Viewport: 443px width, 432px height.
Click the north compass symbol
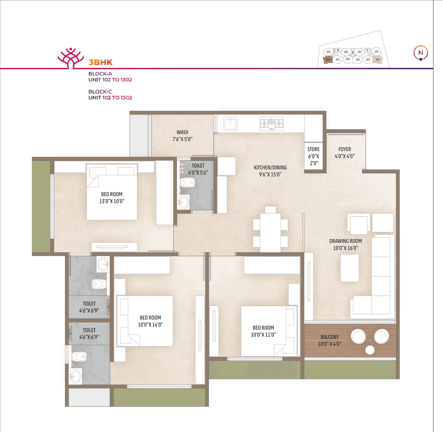point(421,53)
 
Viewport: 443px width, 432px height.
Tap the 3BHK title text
point(100,62)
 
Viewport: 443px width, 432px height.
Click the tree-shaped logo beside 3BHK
point(71,58)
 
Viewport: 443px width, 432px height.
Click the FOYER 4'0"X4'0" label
point(344,152)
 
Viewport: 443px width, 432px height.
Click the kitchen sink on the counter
point(230,123)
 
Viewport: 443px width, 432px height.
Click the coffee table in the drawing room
point(350,268)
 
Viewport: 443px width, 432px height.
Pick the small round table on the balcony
point(370,350)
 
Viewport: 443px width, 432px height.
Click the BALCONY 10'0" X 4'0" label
point(329,340)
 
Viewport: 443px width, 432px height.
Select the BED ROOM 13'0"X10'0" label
point(111,197)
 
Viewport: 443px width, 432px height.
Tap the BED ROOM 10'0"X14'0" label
point(150,321)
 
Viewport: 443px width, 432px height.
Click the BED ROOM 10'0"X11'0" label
point(263,331)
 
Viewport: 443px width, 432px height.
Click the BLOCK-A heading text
point(100,74)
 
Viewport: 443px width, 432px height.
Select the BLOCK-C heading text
point(100,92)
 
